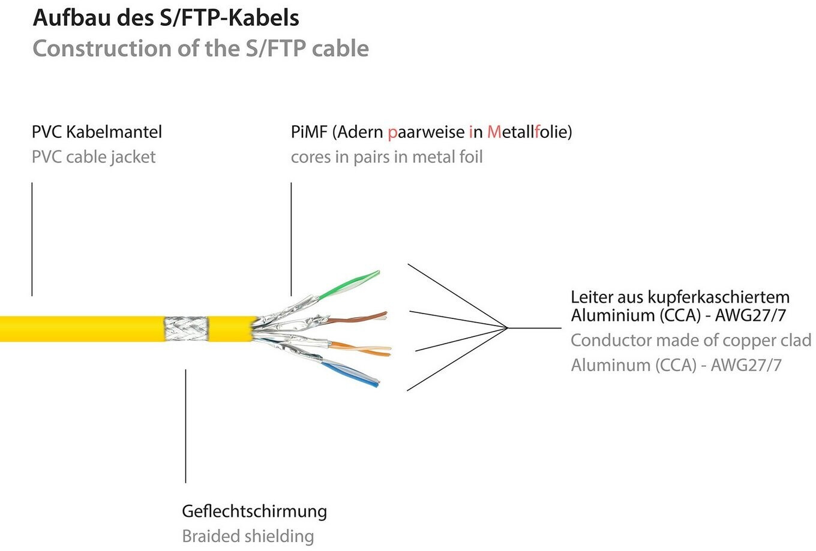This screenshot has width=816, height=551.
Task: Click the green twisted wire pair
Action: [x=349, y=285]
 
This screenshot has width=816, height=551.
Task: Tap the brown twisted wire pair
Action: [x=357, y=318]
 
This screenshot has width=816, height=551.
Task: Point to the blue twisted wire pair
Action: [x=350, y=374]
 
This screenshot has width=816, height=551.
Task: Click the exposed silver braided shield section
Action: [x=186, y=329]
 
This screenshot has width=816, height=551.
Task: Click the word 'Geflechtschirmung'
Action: [x=254, y=511]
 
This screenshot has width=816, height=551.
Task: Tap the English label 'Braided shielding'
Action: [x=248, y=536]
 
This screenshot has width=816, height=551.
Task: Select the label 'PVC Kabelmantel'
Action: [x=97, y=132]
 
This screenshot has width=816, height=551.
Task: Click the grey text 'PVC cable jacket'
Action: [x=94, y=157]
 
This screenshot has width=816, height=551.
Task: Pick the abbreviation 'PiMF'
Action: [x=309, y=132]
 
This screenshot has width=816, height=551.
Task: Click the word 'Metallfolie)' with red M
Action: [x=529, y=132]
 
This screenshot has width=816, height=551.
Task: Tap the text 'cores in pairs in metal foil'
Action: [x=387, y=157]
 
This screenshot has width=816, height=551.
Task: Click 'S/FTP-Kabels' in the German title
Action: [x=229, y=18]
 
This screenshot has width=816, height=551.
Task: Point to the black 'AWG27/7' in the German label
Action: [x=751, y=315]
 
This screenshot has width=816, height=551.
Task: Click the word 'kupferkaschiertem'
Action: [x=718, y=297]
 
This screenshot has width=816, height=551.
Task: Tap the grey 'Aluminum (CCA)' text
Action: [x=634, y=365]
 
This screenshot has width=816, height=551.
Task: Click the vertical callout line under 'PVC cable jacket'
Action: [x=32, y=239]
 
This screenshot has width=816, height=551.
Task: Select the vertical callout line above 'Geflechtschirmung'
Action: [x=186, y=426]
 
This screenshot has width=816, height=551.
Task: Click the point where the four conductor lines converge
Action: [x=508, y=328]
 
